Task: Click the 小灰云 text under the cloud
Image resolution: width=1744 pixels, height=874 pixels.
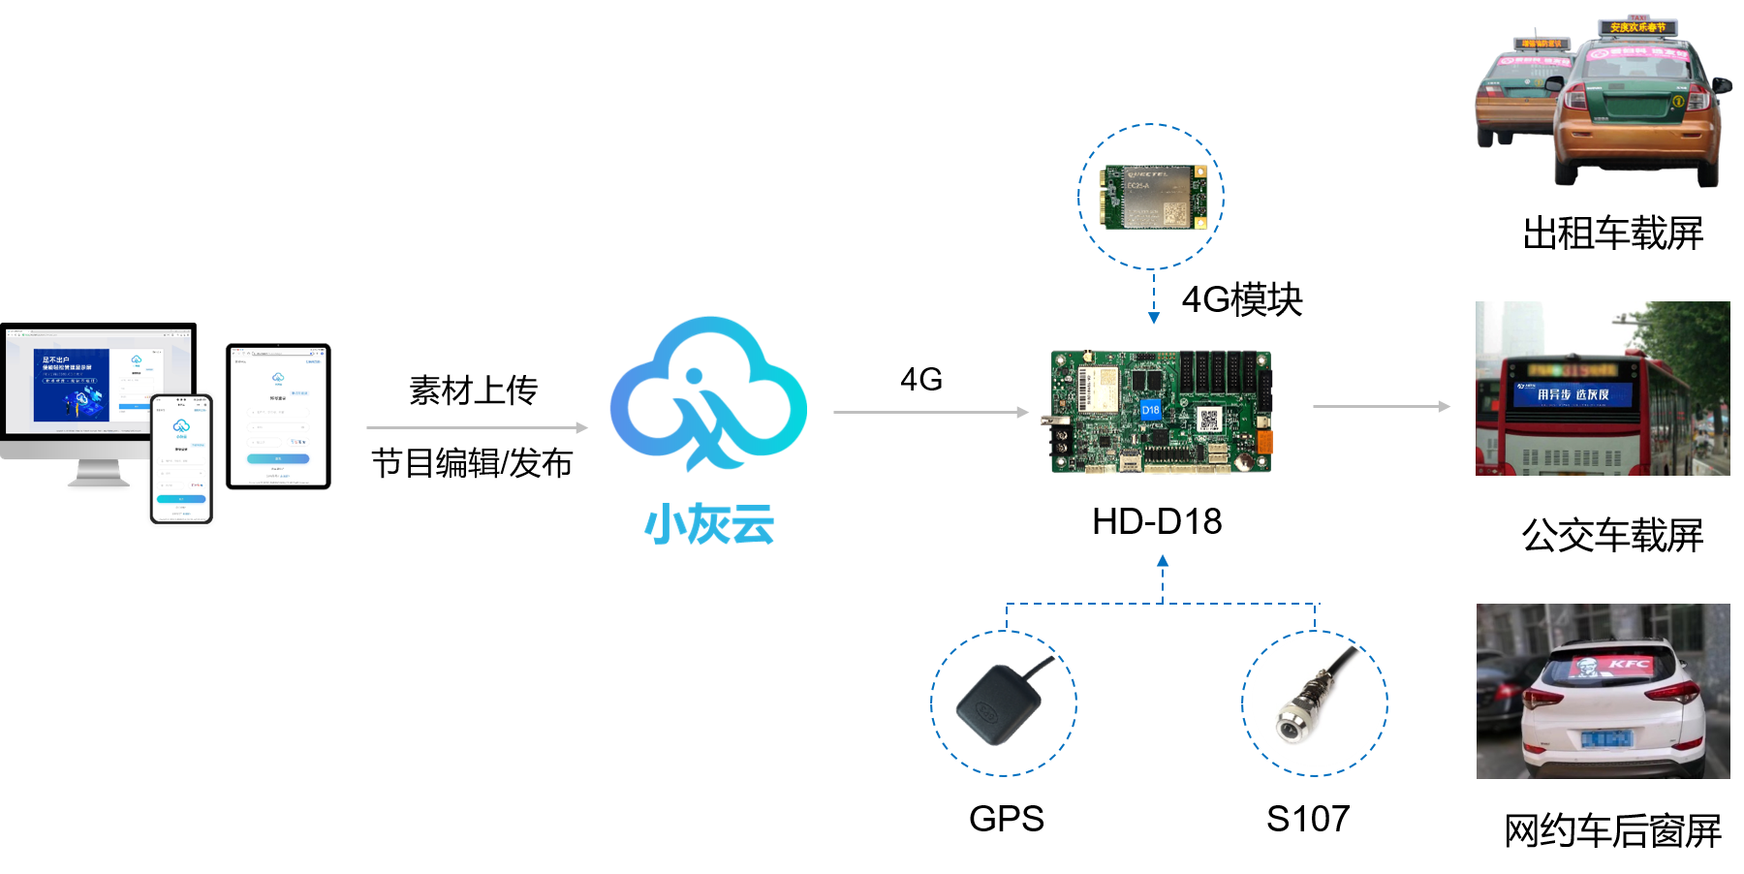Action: tap(709, 524)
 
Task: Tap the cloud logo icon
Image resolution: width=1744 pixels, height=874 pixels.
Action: tap(708, 393)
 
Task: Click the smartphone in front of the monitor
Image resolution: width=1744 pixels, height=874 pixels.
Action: tap(181, 457)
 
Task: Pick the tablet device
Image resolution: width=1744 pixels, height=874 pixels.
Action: tap(278, 416)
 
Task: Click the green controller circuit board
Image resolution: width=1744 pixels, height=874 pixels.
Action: tap(1161, 412)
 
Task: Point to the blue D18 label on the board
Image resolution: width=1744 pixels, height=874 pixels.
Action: tap(1150, 409)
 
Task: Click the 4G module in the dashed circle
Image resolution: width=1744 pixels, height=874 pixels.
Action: tap(1152, 197)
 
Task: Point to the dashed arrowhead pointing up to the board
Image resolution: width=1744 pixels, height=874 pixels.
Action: tap(1163, 561)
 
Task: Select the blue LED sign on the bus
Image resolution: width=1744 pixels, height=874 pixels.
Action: tap(1573, 393)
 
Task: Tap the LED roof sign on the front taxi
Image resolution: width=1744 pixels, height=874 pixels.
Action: tap(1637, 27)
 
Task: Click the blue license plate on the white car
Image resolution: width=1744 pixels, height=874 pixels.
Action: tap(1606, 739)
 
